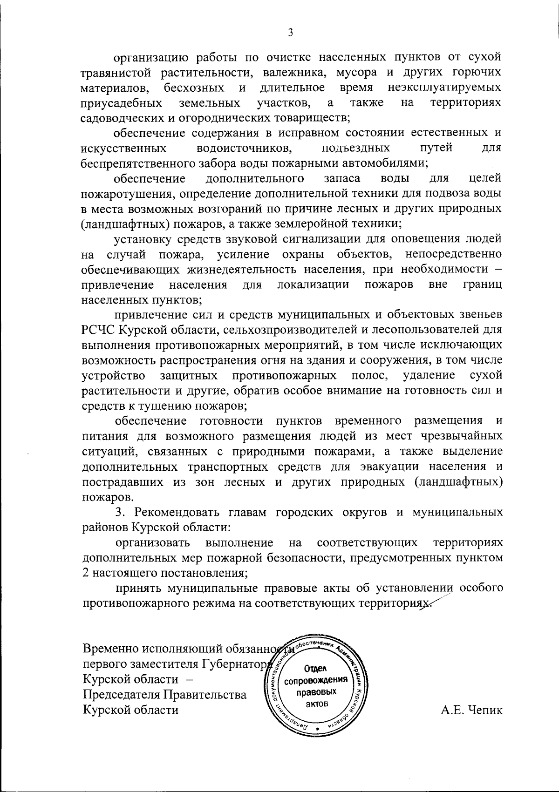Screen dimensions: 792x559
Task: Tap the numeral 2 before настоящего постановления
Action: (84, 573)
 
